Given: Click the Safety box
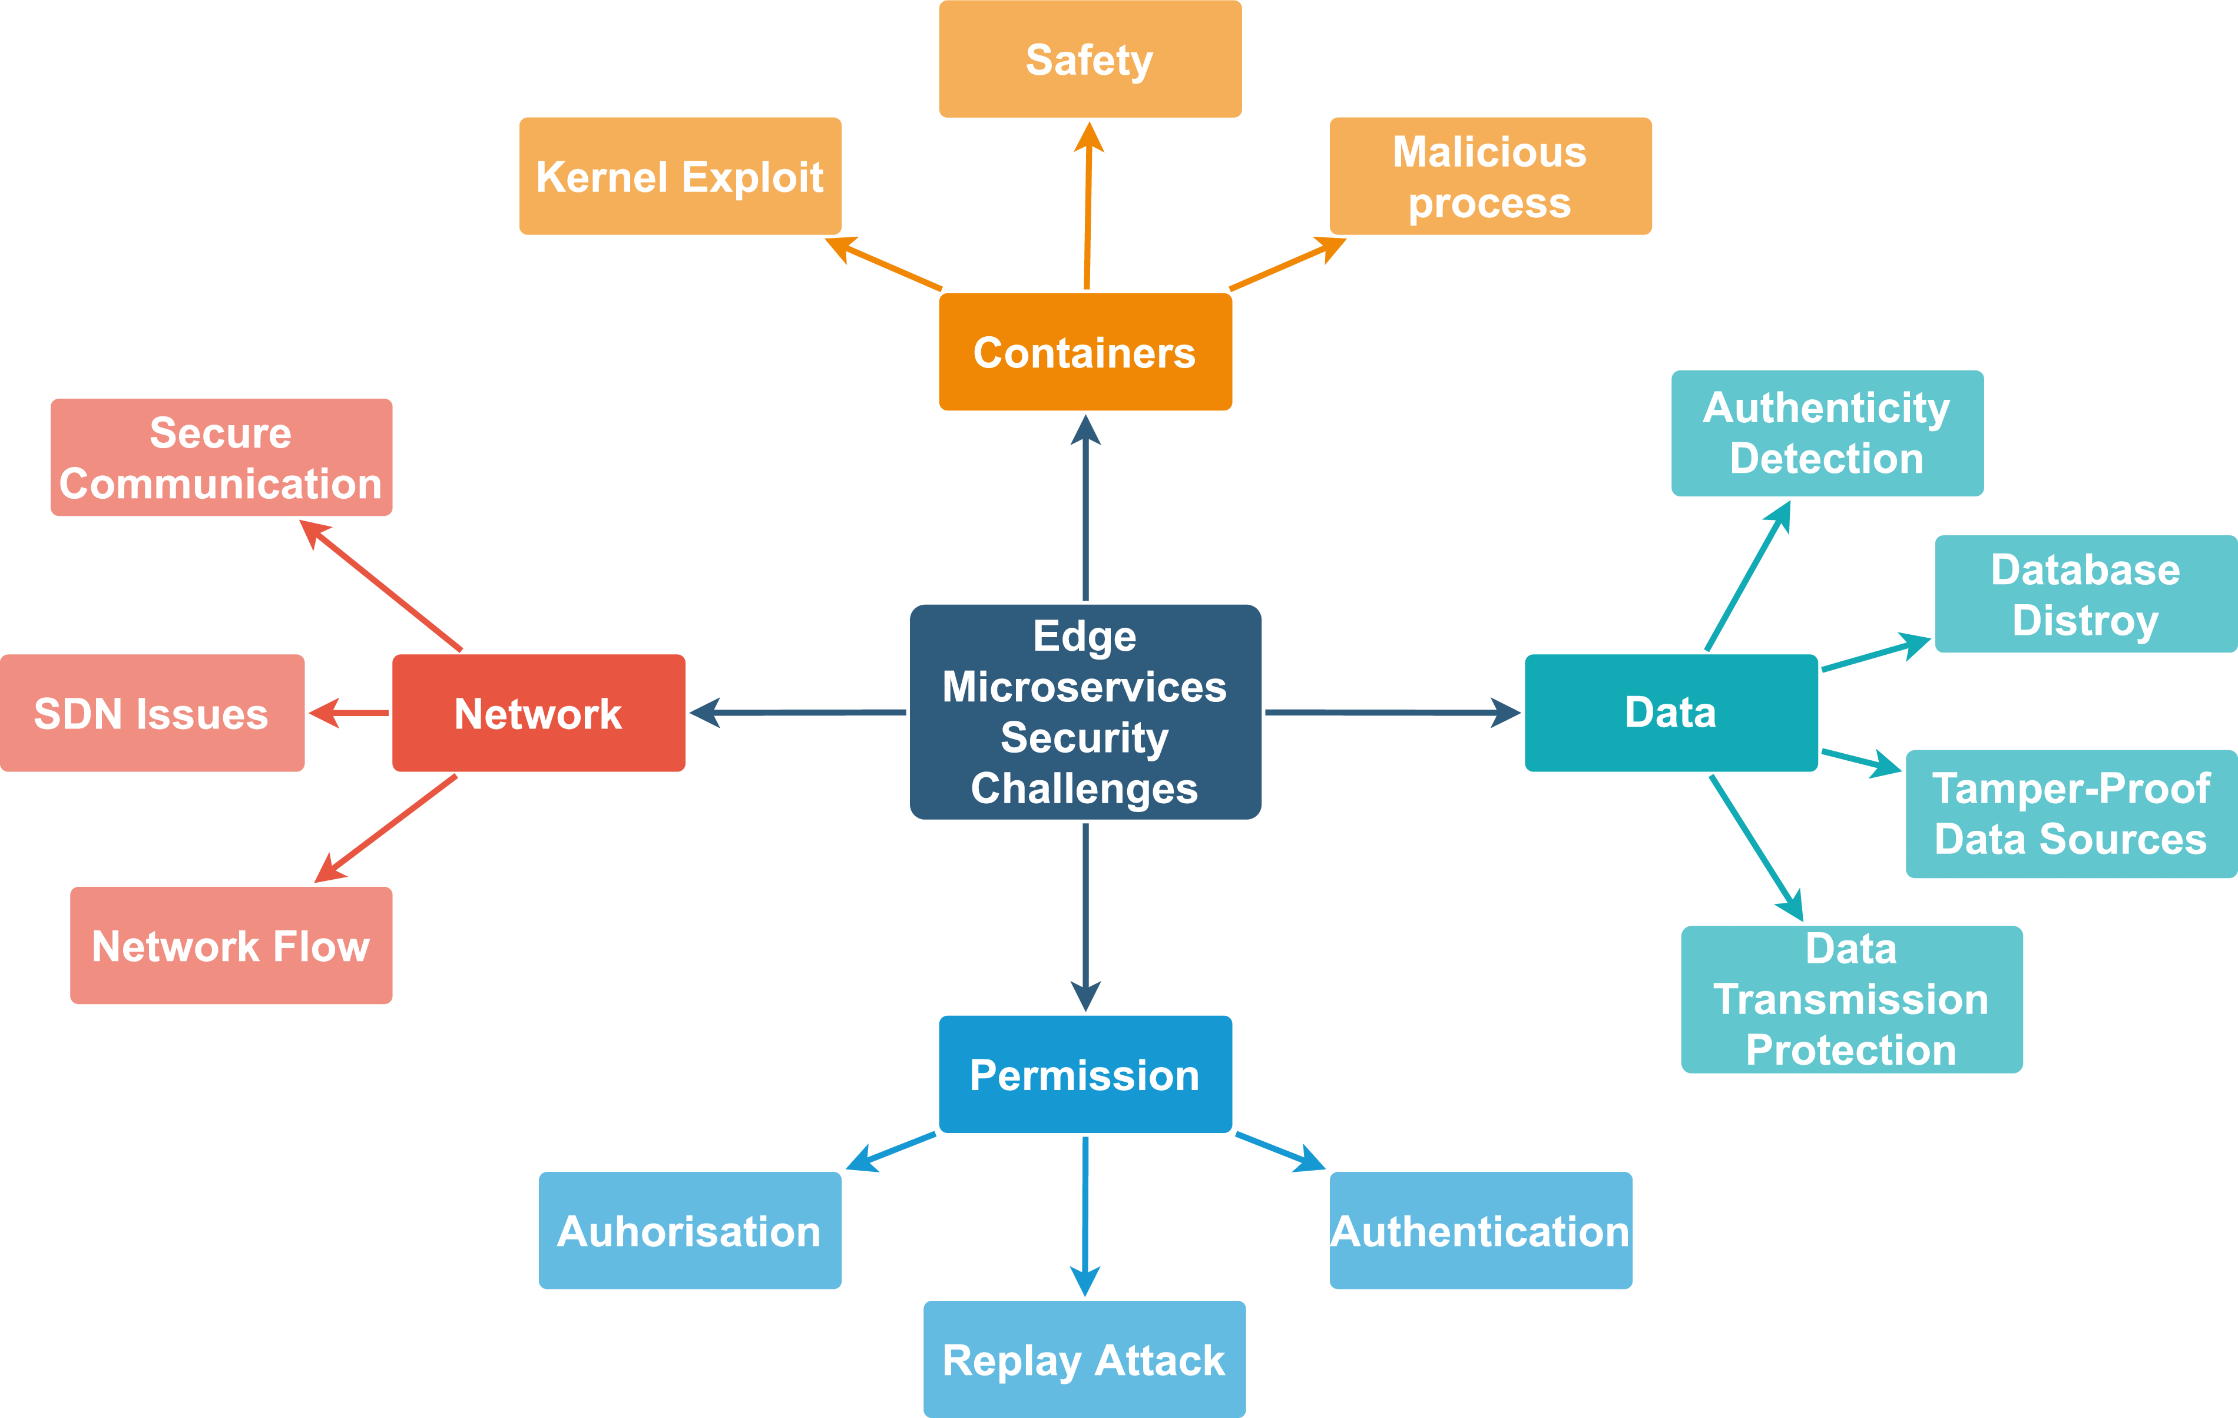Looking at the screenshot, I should pos(1090,59).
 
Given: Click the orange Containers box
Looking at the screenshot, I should pos(1085,352).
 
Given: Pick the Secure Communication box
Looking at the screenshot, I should pos(221,457).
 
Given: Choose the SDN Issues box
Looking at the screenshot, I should pos(151,713).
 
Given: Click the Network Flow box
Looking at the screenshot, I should pos(230,945).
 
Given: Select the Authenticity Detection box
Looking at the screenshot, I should pos(1826,433).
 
